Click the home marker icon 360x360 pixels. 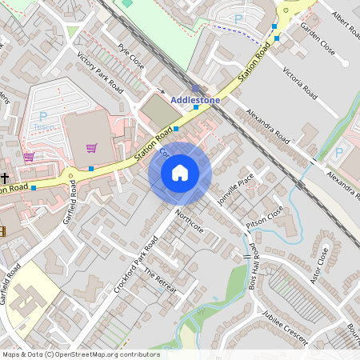(180, 173)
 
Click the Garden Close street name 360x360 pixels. (317, 37)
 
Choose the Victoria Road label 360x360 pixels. (302, 80)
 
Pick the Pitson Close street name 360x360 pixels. (265, 217)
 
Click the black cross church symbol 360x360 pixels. (5, 178)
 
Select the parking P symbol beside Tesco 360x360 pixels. (42, 117)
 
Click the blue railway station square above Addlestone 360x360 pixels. (196, 89)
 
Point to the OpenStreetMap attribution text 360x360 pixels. (80, 354)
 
